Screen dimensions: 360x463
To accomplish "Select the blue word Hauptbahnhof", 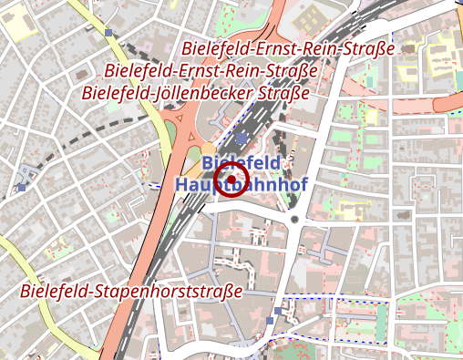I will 241,184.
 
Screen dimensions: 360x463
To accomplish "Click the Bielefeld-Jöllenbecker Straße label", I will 196,92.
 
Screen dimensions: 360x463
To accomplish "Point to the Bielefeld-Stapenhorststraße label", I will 131,292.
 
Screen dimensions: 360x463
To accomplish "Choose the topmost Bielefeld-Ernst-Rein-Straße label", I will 288,48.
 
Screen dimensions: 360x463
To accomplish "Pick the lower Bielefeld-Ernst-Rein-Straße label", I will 211,70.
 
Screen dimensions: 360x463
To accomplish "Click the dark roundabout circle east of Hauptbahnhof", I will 295,220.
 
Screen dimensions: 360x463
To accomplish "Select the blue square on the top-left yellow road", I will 110,32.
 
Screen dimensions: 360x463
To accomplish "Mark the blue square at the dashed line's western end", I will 22,187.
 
